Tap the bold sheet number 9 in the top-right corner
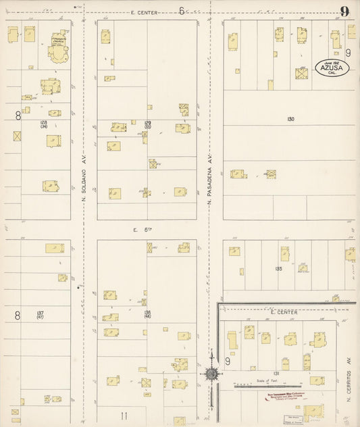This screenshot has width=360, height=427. point(344,11)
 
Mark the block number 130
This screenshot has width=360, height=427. point(290,120)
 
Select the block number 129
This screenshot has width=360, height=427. point(147,122)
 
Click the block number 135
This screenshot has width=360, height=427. point(278,268)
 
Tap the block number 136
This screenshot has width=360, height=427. point(147,313)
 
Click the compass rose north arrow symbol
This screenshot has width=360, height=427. point(211,374)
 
